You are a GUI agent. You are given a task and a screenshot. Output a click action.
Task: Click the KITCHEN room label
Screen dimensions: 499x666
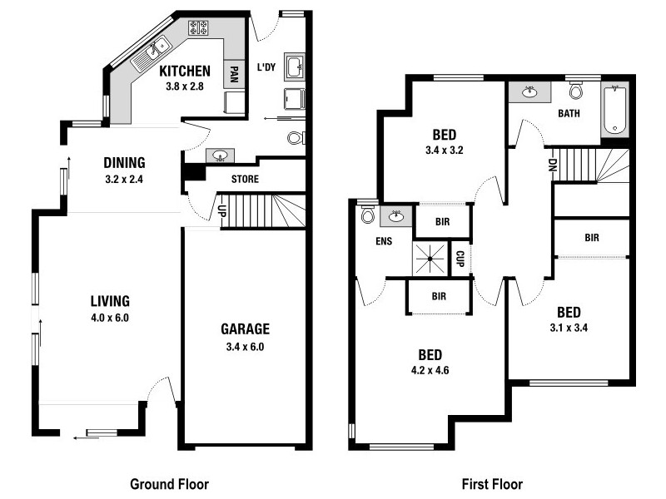click(185, 71)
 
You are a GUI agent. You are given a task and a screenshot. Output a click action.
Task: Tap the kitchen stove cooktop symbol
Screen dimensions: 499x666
click(199, 28)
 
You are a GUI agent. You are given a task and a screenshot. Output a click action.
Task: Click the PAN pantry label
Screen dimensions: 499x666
click(235, 77)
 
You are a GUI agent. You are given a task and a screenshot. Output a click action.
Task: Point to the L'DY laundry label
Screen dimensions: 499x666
click(266, 67)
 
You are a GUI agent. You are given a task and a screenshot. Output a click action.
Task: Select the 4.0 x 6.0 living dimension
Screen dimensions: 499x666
click(110, 318)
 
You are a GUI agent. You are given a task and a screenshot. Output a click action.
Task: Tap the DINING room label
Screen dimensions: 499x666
click(125, 162)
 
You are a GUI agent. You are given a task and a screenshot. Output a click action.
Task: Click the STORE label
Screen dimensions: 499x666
click(245, 179)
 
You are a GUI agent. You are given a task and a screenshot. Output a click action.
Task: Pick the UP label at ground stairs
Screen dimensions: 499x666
click(222, 211)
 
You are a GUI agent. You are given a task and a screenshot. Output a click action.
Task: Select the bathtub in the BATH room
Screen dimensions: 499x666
click(614, 108)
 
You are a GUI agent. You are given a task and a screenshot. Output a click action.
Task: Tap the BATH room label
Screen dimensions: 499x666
click(569, 114)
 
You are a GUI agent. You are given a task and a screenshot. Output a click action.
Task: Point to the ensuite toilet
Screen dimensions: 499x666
click(368, 216)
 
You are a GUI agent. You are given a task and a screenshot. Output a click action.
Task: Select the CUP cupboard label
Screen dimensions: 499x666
click(460, 259)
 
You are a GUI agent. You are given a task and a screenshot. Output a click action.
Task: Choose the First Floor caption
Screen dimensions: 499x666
click(492, 483)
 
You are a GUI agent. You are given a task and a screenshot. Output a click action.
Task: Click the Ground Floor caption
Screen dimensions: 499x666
click(170, 483)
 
